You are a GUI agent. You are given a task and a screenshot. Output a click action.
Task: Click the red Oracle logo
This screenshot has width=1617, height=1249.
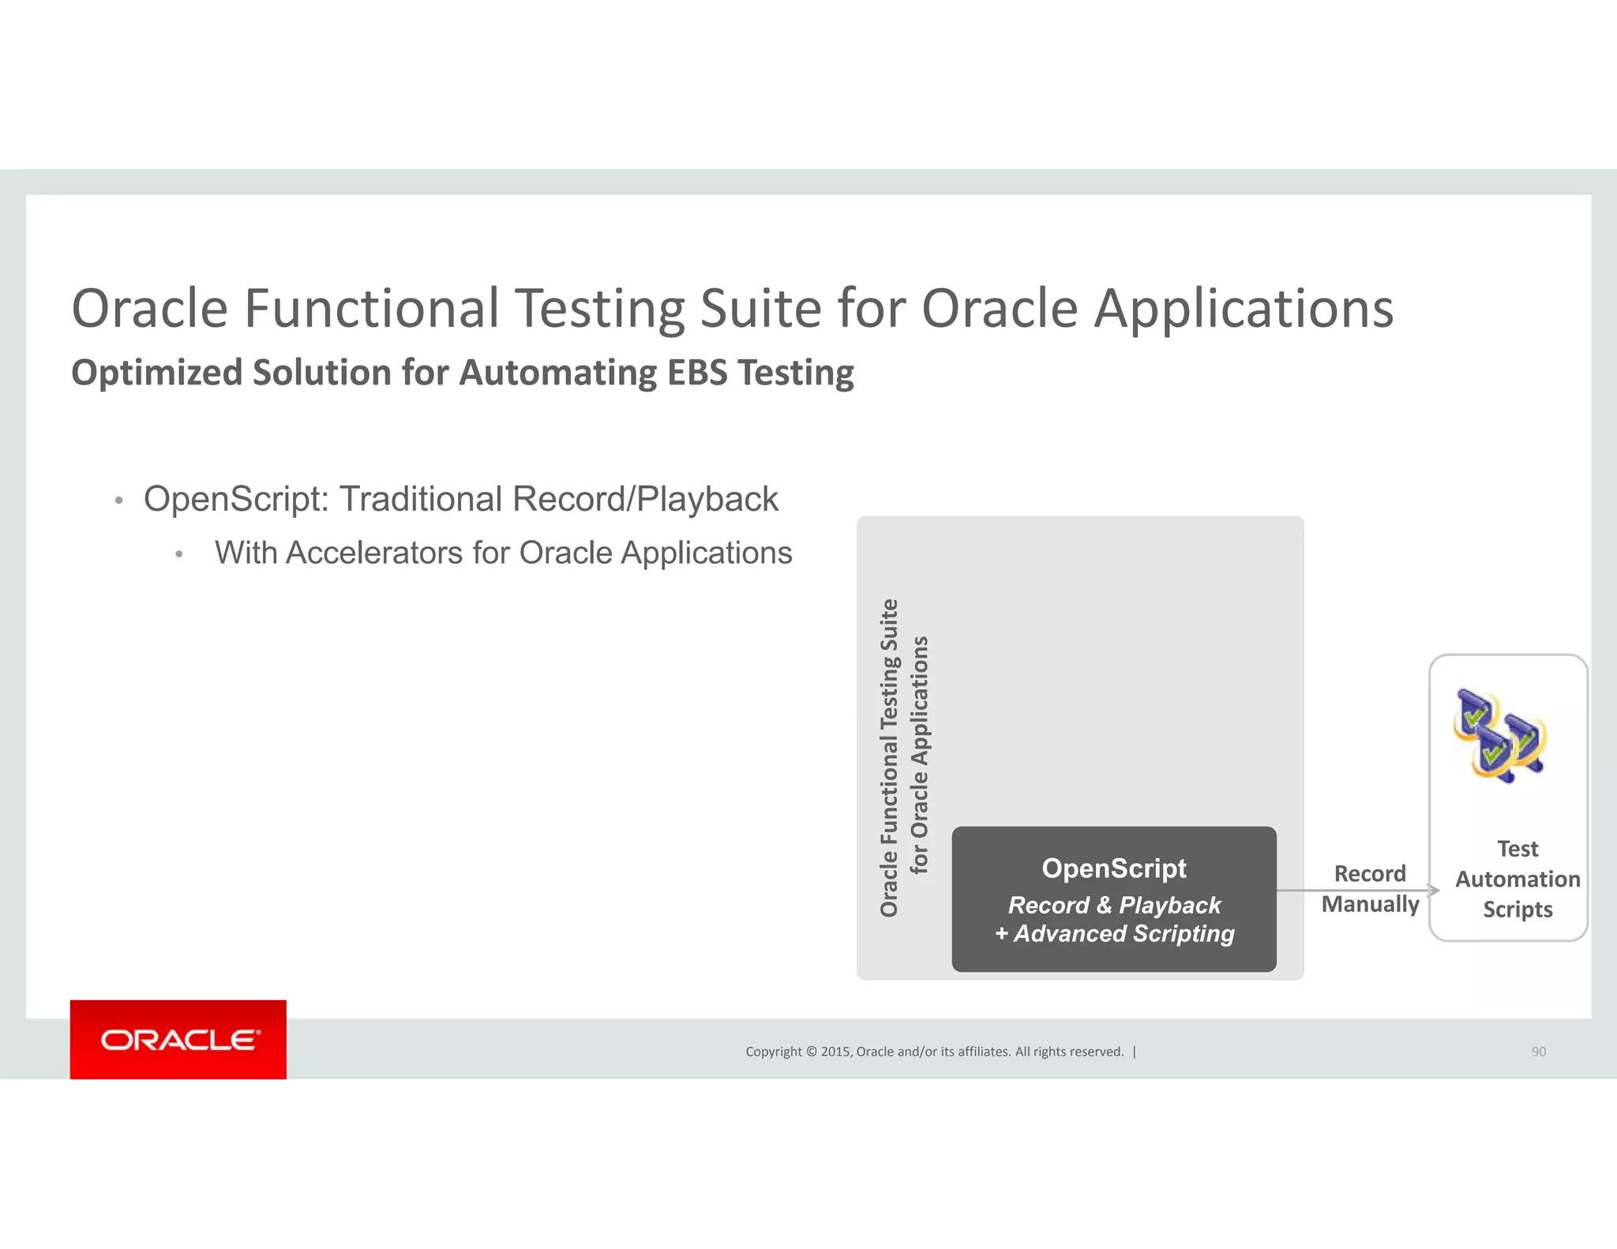178,1039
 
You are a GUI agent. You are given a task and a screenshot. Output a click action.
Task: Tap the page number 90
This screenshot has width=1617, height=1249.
1538,1052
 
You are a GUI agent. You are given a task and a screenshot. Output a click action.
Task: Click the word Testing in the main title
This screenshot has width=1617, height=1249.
600,309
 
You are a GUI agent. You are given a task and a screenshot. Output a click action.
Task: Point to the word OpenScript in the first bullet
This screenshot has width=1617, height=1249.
235,499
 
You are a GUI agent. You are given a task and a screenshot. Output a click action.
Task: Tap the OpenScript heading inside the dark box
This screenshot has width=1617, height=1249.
1113,868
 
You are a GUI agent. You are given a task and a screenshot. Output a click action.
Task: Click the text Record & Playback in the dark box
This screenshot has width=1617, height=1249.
1114,905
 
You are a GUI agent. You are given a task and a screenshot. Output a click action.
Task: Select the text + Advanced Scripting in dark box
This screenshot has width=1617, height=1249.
1114,934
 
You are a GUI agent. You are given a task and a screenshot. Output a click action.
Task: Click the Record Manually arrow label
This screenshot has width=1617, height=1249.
1370,888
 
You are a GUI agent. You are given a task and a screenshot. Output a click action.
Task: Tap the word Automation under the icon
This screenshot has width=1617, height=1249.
1518,880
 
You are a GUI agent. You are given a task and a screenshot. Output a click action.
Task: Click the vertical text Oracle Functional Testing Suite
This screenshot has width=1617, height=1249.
889,758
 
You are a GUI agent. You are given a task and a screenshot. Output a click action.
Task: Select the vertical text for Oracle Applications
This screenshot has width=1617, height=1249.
920,755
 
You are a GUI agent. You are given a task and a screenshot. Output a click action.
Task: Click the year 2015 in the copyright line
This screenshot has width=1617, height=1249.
835,1052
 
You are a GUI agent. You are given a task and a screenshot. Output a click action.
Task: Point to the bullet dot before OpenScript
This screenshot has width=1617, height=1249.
119,501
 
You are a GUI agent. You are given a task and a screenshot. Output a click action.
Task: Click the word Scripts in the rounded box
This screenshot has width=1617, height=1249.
1518,910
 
